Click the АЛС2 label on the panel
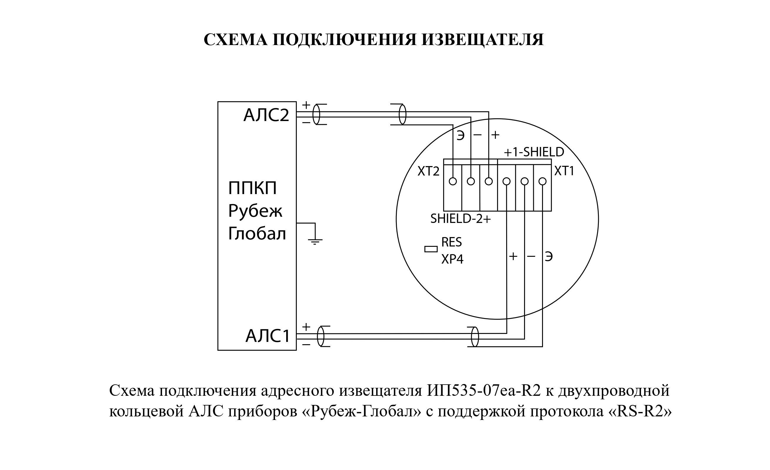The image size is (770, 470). coord(266,115)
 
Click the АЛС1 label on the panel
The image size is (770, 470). coord(268,336)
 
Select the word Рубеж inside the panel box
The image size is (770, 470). coord(255,211)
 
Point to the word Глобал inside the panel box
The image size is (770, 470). coord(257,234)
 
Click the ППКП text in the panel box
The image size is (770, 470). coord(252,188)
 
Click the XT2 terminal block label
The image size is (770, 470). coord(429,171)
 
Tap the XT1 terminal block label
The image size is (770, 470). coord(564,171)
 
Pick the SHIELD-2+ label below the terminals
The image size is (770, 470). coord(461,219)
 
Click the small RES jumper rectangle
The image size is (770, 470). coord(431,249)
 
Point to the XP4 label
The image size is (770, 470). coord(452,259)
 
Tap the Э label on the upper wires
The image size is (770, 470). coord(460,135)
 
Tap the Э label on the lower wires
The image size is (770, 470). coord(549,257)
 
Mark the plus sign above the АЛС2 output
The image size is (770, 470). coord(306,105)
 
